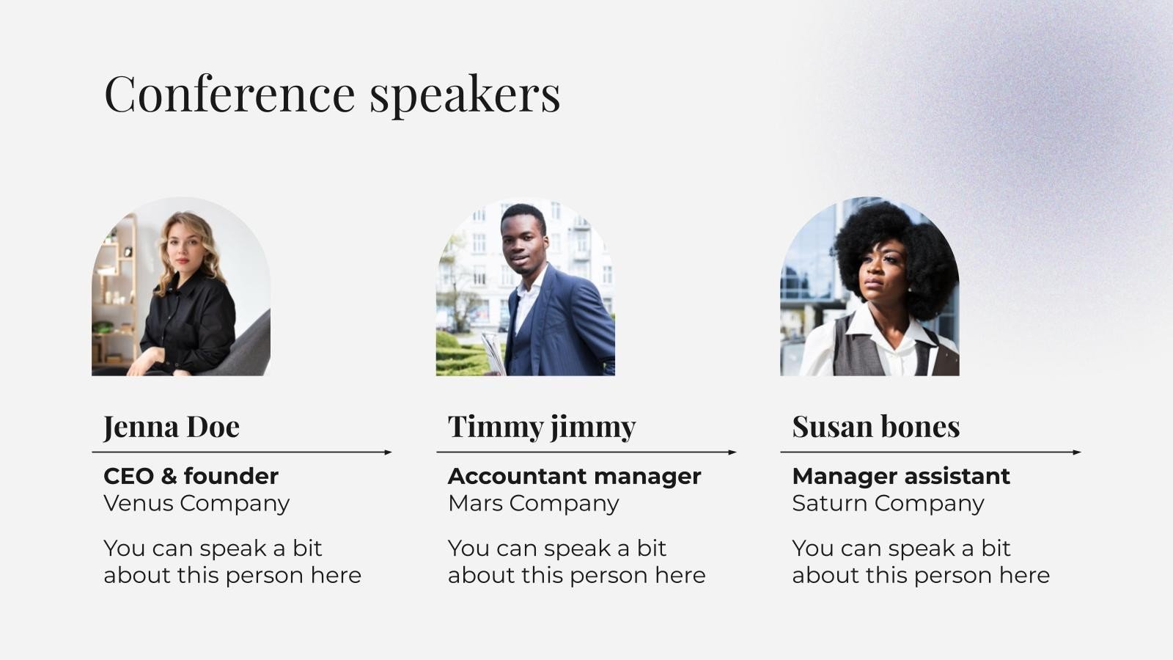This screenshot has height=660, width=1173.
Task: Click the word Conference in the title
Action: coord(229,93)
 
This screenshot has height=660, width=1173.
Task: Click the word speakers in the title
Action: coord(465,95)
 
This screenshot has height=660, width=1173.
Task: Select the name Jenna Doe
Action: coord(172,427)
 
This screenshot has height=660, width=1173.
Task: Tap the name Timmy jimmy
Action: coord(542,427)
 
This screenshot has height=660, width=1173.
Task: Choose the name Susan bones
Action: coord(876,427)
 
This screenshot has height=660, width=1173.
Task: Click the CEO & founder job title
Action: coord(191,476)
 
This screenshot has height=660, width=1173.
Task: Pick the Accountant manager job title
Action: coord(574,476)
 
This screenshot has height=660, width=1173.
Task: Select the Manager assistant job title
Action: coord(901,476)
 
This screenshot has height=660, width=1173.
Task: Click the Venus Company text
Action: coord(196,503)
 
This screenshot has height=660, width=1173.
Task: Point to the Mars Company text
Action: coord(533,503)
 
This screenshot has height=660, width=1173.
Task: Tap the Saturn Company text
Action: coord(888,503)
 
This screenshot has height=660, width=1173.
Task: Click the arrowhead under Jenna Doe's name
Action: coord(389,452)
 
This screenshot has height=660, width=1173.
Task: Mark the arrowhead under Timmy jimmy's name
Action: coord(732,452)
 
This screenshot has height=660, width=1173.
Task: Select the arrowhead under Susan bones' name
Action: coord(1077,452)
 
